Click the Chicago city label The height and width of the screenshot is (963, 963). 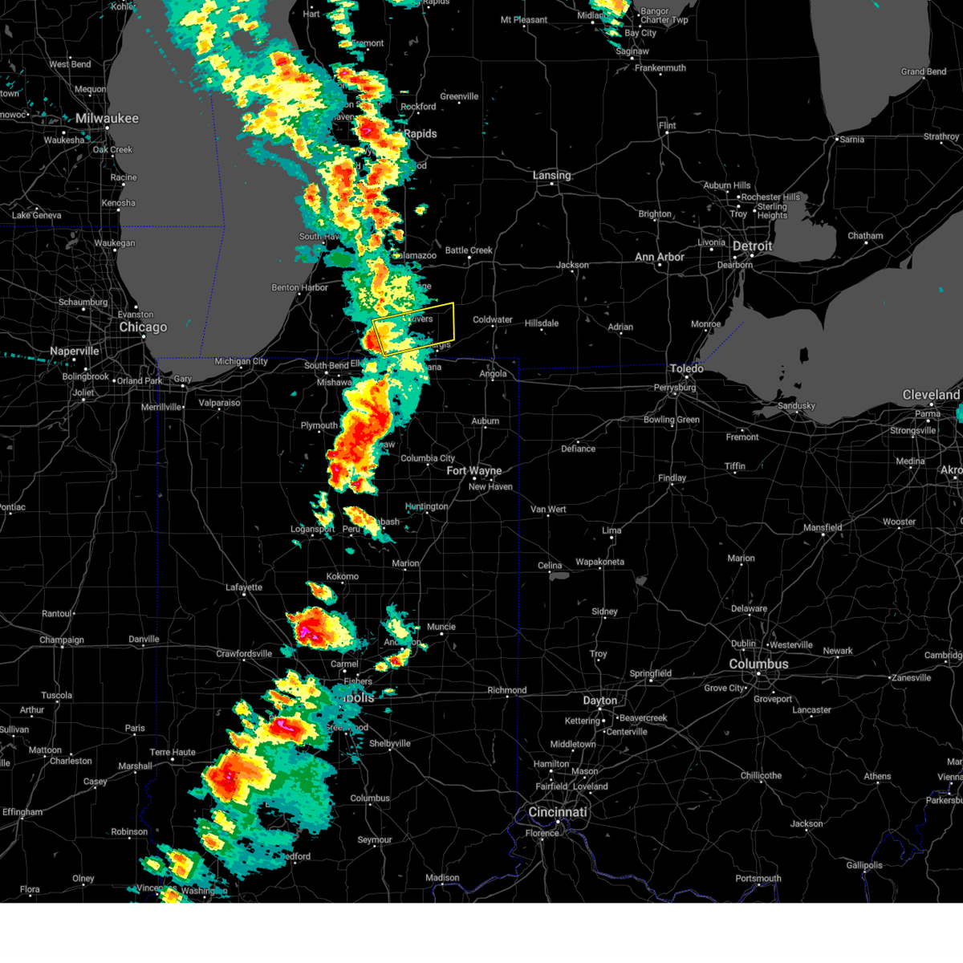pos(143,327)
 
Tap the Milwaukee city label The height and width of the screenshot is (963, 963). pos(107,119)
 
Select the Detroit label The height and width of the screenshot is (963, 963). pos(752,246)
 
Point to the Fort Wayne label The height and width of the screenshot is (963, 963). pos(473,471)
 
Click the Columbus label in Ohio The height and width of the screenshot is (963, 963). pos(758,664)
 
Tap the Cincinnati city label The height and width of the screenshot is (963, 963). pos(557,812)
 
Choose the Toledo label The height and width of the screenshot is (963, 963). pos(686,368)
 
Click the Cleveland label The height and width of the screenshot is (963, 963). pos(931,395)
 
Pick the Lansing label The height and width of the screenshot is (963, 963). pos(551,175)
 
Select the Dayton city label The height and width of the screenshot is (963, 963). pos(599,701)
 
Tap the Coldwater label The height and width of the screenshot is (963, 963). pos(492,319)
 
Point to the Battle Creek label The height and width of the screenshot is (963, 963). pos(469,250)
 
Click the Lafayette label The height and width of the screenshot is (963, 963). pos(243,587)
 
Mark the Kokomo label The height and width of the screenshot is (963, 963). pos(343,576)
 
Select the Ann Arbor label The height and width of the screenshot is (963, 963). pos(660,258)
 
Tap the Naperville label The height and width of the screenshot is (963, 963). pos(74,351)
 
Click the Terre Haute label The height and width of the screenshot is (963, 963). pos(173,753)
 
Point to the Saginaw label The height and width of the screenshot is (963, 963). pos(632,51)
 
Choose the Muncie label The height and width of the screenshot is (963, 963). pos(441,627)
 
